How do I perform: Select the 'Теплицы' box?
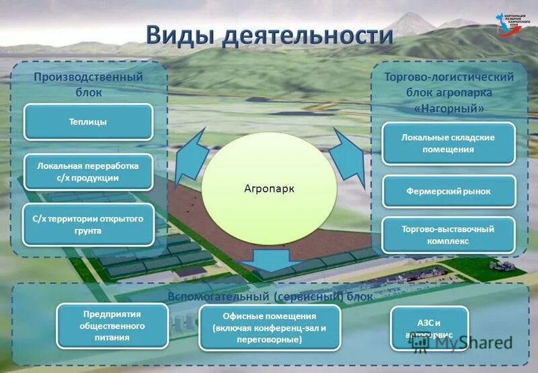[x=88, y=122]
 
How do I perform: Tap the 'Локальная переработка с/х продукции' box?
[x=88, y=172]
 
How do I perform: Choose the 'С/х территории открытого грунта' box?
[x=88, y=224]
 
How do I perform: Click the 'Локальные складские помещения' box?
[x=448, y=143]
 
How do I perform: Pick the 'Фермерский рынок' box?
[x=448, y=191]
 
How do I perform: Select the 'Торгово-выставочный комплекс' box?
[x=448, y=235]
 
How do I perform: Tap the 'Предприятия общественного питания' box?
[x=112, y=325]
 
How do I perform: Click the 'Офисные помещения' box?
[x=270, y=328]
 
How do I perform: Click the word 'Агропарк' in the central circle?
[x=269, y=189]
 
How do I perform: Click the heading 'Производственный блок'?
[x=89, y=84]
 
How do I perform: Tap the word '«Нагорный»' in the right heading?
[x=449, y=107]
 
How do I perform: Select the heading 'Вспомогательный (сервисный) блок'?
[x=269, y=296]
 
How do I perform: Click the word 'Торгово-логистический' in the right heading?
[x=449, y=77]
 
